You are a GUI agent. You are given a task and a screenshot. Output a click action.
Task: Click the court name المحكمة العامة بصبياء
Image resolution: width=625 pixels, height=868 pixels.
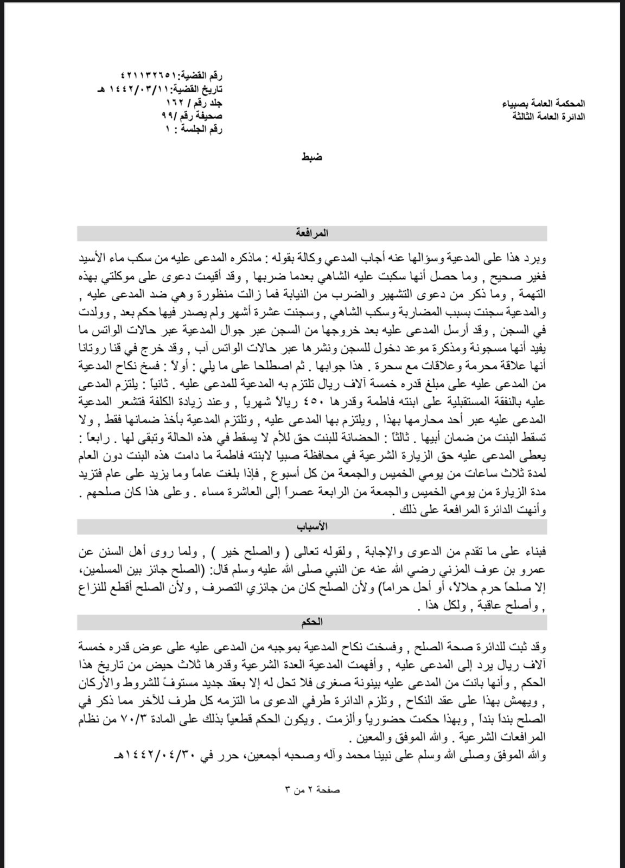click(549, 103)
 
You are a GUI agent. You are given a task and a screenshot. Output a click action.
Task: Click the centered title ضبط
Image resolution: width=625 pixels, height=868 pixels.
click(312, 157)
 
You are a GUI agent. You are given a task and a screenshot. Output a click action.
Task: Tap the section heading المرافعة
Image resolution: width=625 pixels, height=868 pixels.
click(312, 233)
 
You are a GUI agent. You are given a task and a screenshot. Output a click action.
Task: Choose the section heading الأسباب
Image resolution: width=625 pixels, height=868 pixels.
click(312, 527)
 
